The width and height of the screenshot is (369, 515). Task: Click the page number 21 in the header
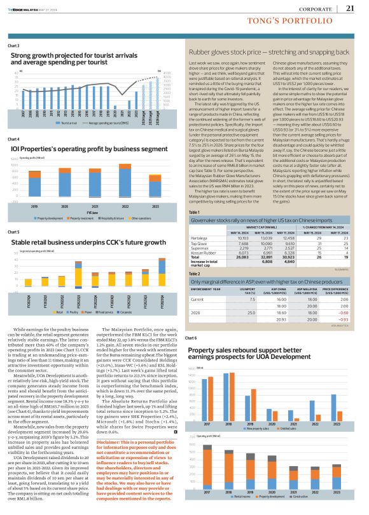(350, 8)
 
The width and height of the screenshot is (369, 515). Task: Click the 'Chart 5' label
(14, 232)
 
